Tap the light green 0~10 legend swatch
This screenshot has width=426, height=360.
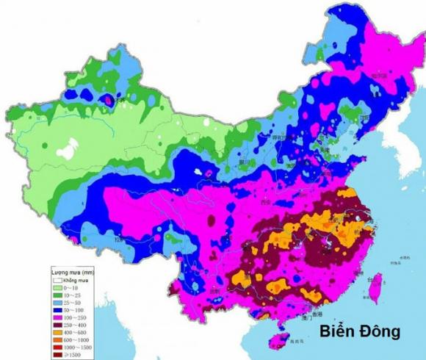point(57,288)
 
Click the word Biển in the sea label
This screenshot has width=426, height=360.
point(336,331)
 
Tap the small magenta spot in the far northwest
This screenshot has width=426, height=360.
point(109,98)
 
